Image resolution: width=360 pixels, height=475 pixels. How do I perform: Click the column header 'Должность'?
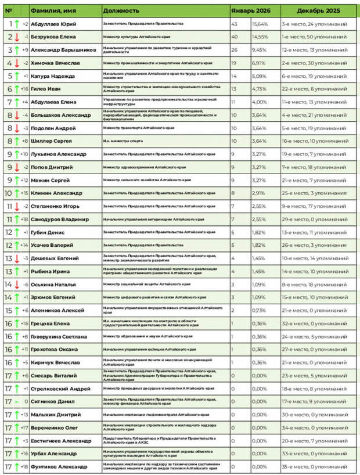(x=121, y=10)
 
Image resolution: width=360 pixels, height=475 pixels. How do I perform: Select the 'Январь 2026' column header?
(x=250, y=10)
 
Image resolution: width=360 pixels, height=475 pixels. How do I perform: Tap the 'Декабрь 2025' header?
(x=319, y=10)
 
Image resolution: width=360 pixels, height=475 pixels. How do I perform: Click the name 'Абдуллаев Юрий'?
(x=53, y=24)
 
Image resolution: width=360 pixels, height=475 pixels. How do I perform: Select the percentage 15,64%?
(x=260, y=24)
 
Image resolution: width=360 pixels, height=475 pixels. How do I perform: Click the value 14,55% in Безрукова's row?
(x=260, y=37)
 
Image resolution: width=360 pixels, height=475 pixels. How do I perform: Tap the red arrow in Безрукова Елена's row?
(x=17, y=37)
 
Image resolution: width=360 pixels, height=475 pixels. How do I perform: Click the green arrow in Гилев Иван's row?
(x=17, y=89)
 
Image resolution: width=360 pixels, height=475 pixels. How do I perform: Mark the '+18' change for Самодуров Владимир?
(x=24, y=219)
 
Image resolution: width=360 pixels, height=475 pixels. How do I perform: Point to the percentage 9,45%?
(x=259, y=50)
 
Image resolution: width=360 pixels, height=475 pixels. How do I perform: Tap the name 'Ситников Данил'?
(x=52, y=401)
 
